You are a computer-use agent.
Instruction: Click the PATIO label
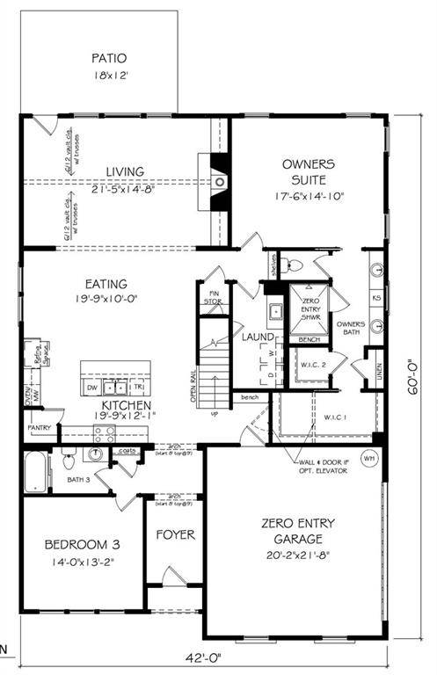click(x=111, y=59)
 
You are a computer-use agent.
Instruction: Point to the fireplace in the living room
click(x=220, y=181)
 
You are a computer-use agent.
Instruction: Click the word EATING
click(x=106, y=284)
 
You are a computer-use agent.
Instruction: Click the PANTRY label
click(x=40, y=428)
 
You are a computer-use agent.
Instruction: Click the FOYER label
click(x=175, y=534)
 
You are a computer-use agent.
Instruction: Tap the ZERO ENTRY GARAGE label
click(x=295, y=531)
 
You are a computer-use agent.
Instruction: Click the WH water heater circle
click(x=368, y=458)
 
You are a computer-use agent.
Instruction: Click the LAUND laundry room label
click(x=256, y=337)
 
